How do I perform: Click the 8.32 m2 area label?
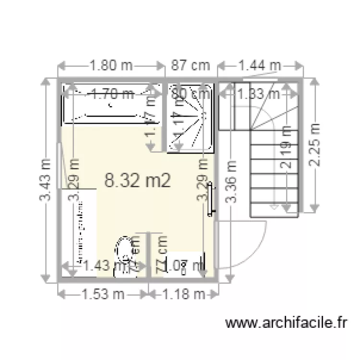(x=138, y=180)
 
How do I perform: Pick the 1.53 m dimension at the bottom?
(x=102, y=294)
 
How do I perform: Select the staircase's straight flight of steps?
(x=274, y=173)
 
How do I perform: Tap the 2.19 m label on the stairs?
(x=287, y=146)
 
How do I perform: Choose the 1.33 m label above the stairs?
(x=259, y=94)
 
